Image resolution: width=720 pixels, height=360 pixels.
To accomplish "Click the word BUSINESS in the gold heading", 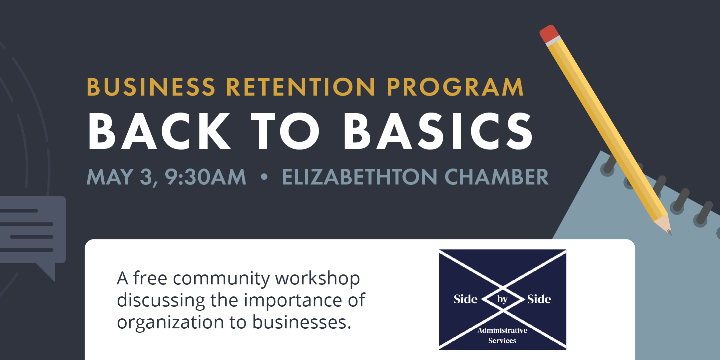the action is [x=151, y=87].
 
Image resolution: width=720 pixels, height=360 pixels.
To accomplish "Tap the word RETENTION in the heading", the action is [x=301, y=87].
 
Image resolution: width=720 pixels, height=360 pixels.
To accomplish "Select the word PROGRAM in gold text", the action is [x=455, y=87].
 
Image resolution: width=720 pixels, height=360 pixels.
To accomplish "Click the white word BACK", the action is [x=159, y=131].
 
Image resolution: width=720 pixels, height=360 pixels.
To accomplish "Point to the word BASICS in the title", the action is [x=438, y=131].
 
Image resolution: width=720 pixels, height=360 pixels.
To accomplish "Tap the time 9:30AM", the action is [x=206, y=177].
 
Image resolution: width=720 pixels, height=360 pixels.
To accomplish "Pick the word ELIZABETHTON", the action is [x=360, y=177].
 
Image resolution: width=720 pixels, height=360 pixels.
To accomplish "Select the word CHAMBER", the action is [x=496, y=177].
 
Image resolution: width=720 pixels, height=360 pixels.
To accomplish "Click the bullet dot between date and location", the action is [x=264, y=177].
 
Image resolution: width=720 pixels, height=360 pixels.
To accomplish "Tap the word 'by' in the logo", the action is [x=502, y=299].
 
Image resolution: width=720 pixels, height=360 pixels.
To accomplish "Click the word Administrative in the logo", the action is [x=502, y=330].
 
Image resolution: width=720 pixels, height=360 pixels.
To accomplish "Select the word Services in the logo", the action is [x=502, y=341].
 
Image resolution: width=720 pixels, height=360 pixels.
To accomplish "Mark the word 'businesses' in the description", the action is [x=302, y=322].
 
